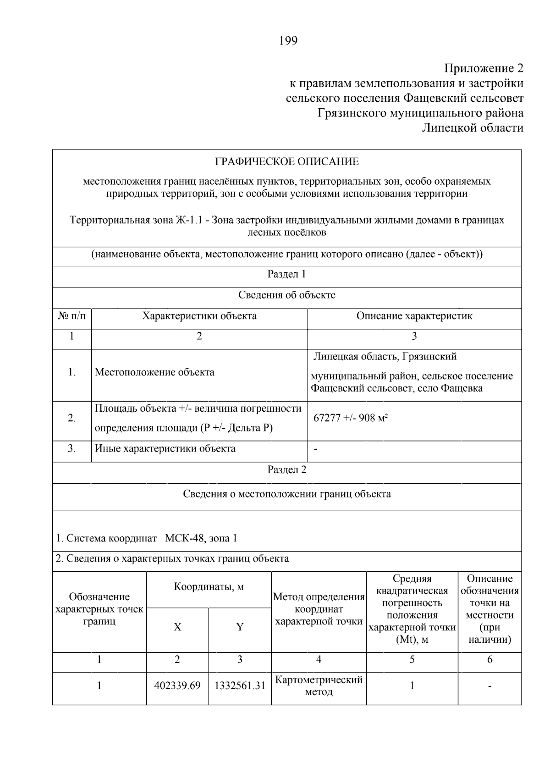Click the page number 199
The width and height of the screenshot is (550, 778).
pyautogui.click(x=288, y=41)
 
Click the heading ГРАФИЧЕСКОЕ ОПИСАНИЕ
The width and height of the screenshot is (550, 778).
pyautogui.click(x=287, y=161)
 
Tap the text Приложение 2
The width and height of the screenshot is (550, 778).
pyautogui.click(x=484, y=69)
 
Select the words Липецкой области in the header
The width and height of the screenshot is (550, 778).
pyautogui.click(x=473, y=128)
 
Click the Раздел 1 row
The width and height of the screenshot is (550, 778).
pyautogui.click(x=287, y=274)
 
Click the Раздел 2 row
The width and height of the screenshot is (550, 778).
pyautogui.click(x=287, y=470)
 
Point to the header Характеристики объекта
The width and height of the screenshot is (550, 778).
pyautogui.click(x=199, y=316)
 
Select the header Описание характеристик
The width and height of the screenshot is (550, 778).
pyautogui.click(x=414, y=316)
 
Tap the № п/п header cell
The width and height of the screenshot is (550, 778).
pyautogui.click(x=72, y=316)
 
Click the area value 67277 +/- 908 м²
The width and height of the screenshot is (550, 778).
pyautogui.click(x=351, y=418)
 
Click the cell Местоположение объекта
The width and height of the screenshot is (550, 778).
pyautogui.click(x=154, y=372)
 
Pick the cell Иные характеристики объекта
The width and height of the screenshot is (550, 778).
pyautogui.click(x=165, y=448)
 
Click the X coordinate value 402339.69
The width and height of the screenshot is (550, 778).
pyautogui.click(x=178, y=686)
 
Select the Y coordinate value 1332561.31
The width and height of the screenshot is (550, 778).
pyautogui.click(x=240, y=686)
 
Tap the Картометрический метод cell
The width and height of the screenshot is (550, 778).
pyautogui.click(x=319, y=686)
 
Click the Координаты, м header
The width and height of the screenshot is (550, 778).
pyautogui.click(x=209, y=587)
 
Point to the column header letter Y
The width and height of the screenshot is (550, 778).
pyautogui.click(x=240, y=627)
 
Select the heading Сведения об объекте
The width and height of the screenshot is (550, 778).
pyautogui.click(x=287, y=295)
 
